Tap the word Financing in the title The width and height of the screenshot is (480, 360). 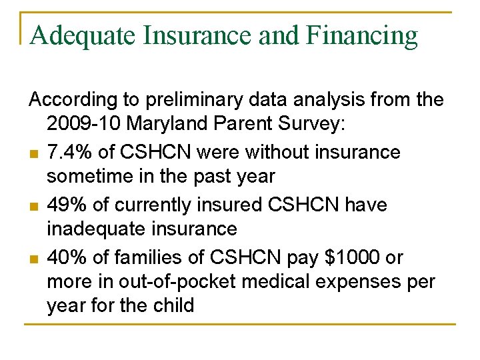point(363,35)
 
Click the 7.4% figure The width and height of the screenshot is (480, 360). point(69,152)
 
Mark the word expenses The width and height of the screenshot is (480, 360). point(363,281)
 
